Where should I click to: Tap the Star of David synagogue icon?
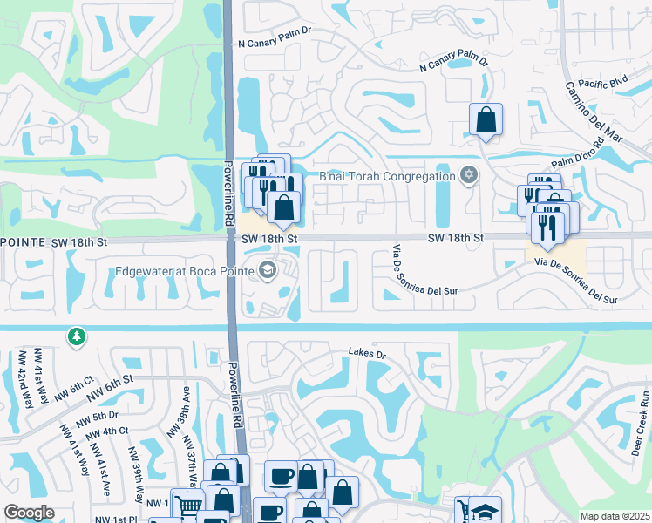pos(469,176)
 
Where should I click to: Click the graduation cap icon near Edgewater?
pos(267,270)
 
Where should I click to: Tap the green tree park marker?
pos(78,336)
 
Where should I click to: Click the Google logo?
pos(29,513)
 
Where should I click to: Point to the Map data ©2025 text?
pos(614,516)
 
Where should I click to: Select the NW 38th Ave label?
pos(184,406)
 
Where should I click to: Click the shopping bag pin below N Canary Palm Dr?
pos(486,119)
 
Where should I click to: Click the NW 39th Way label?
pos(137,476)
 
